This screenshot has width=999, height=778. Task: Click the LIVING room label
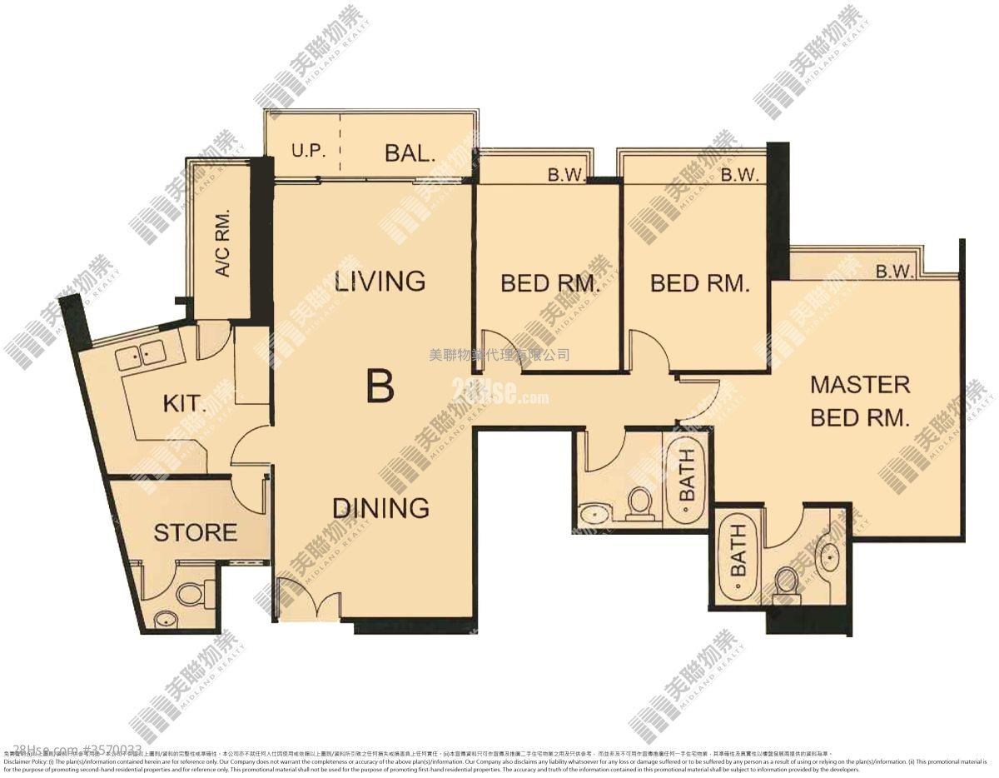click(380, 281)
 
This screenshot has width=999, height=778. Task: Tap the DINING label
click(380, 507)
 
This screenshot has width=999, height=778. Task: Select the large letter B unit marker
click(380, 386)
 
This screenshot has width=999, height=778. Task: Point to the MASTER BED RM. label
click(860, 401)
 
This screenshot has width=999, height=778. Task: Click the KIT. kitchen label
click(184, 405)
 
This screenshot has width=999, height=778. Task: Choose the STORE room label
click(195, 532)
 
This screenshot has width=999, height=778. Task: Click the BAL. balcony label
click(410, 153)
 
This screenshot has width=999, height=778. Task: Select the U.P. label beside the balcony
click(307, 152)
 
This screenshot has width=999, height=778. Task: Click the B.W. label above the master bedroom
click(894, 272)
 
